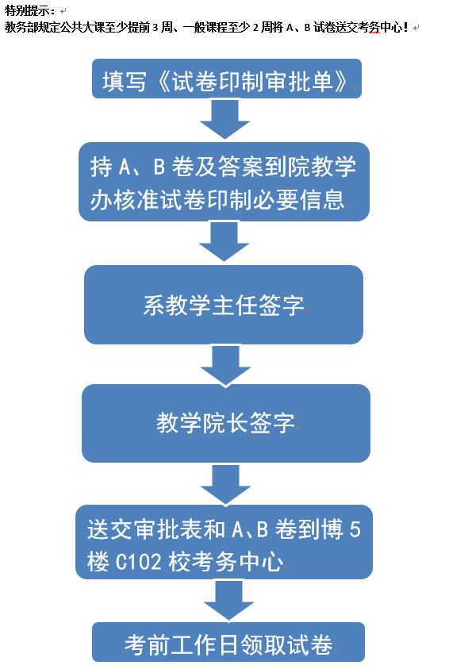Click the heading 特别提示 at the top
tap(27, 10)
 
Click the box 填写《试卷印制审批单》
tap(227, 79)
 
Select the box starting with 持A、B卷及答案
tap(224, 182)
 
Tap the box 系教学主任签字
tap(224, 305)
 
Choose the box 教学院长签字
tap(226, 423)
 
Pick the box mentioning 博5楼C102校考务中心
tap(224, 542)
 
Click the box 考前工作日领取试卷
tap(228, 642)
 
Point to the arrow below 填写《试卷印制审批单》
tap(224, 119)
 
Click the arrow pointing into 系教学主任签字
tap(224, 241)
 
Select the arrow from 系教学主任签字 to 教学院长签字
tap(225, 365)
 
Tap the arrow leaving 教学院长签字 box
tap(225, 484)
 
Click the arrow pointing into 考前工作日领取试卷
tap(229, 600)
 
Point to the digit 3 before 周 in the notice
tap(155, 28)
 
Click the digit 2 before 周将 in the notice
tap(255, 28)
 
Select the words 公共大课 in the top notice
tap(82, 27)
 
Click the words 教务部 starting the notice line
tap(21, 27)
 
